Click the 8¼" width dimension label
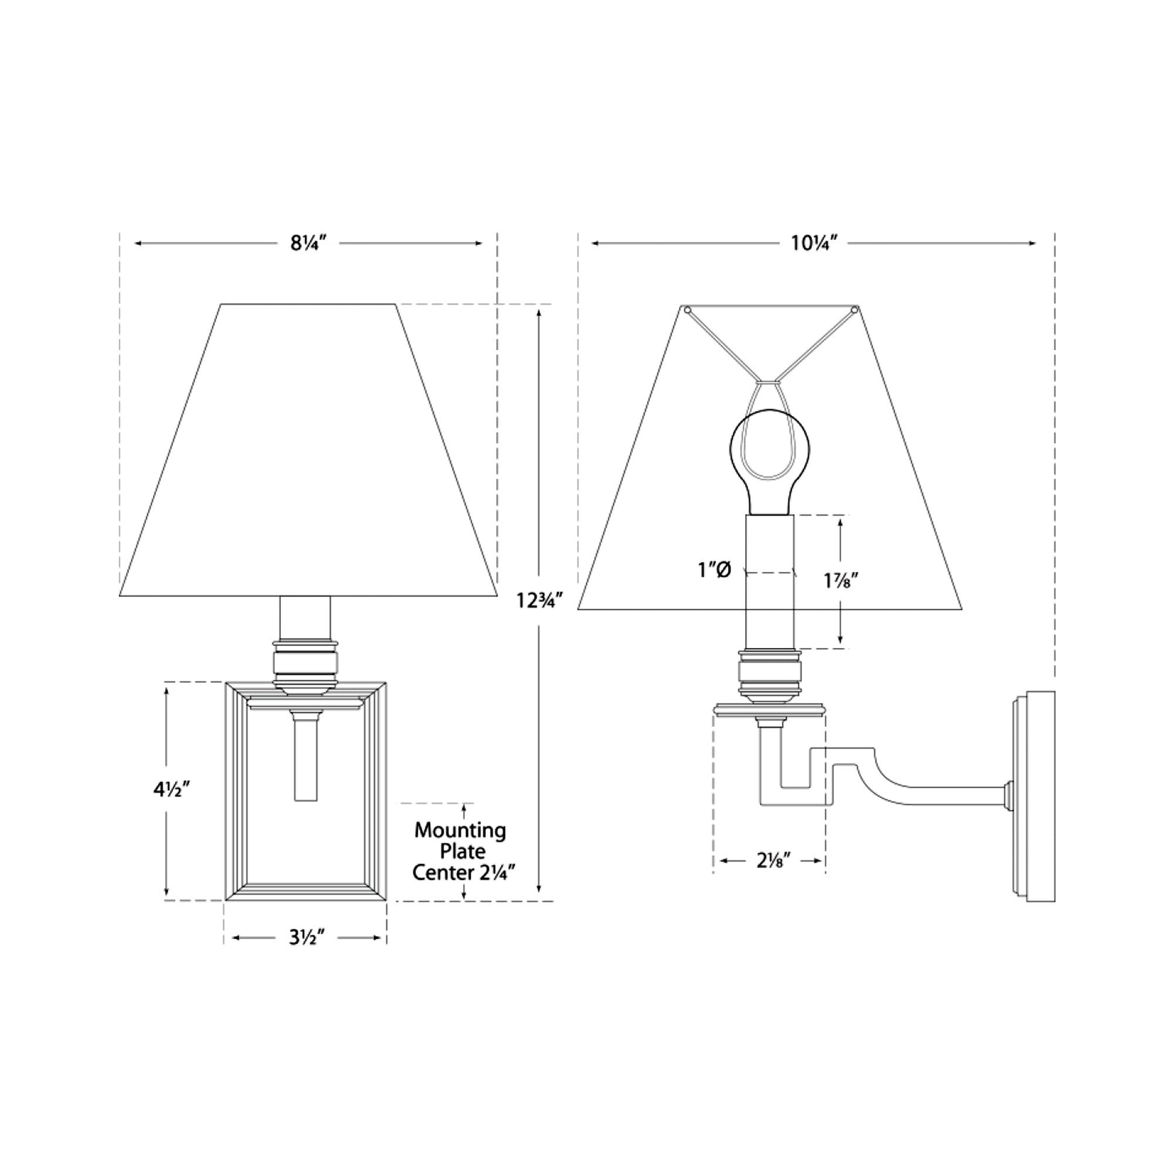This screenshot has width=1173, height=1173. click(x=309, y=244)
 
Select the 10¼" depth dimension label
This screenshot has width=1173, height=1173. click(x=814, y=244)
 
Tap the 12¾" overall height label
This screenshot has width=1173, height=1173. click(x=536, y=600)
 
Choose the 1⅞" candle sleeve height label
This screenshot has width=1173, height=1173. click(x=840, y=580)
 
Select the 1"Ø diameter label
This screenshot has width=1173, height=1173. click(x=714, y=570)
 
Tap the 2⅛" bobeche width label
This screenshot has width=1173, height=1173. click(x=773, y=861)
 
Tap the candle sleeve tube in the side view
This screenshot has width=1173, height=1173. click(x=770, y=601)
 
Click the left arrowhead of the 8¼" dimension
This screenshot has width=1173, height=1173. click(x=139, y=244)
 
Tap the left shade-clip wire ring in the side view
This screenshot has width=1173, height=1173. click(x=687, y=311)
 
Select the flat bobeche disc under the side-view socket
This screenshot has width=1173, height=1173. click(x=770, y=708)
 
